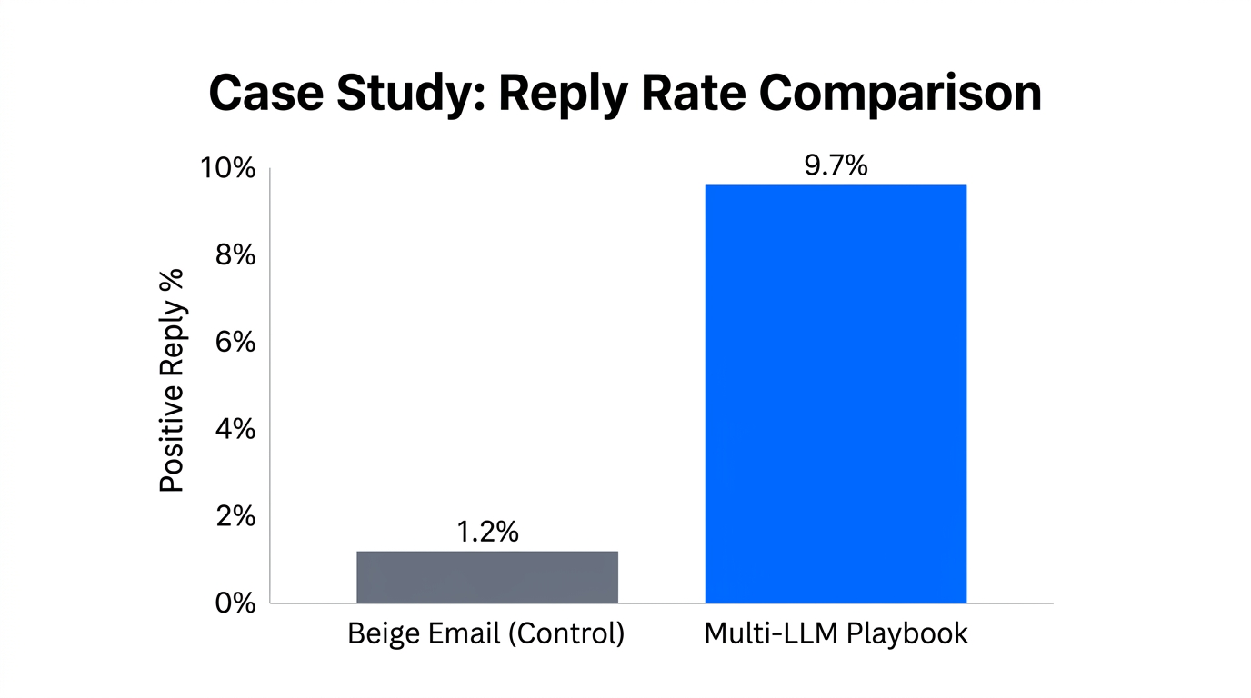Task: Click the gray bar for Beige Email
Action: coord(486,576)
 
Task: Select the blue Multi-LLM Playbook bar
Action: coord(836,394)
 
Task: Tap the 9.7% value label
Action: coord(836,166)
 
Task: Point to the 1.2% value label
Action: coord(486,533)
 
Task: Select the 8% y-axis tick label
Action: coord(235,256)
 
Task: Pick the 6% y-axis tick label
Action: coord(235,343)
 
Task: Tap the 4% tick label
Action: coord(235,429)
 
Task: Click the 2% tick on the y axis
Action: coord(235,516)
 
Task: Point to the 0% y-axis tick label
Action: coord(235,603)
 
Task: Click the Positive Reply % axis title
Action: coord(172,380)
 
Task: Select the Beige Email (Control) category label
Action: coord(486,633)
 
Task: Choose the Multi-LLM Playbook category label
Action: coord(836,633)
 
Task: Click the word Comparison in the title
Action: coord(901,94)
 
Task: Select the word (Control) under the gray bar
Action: coord(565,633)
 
